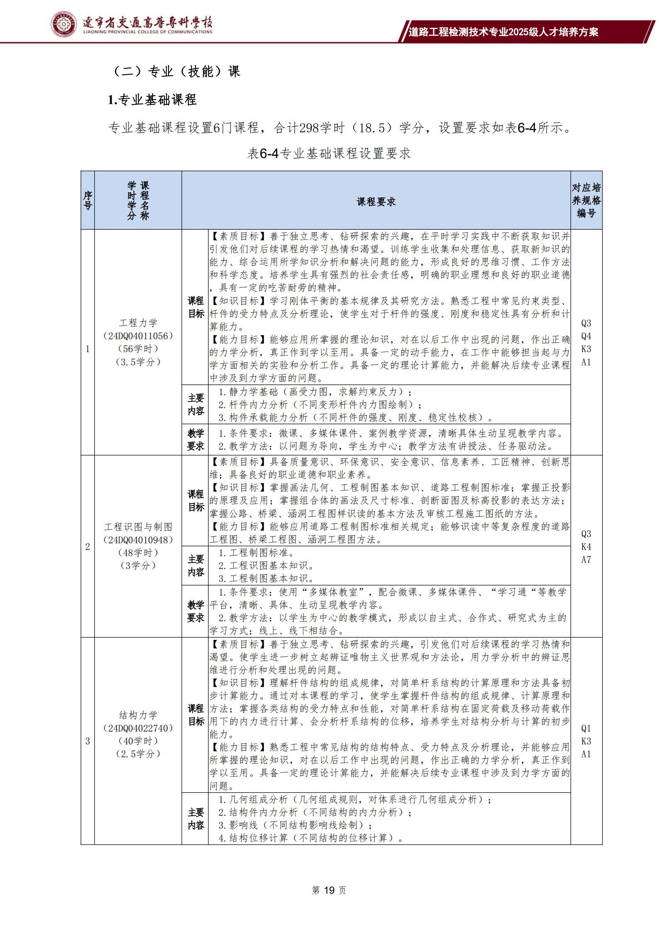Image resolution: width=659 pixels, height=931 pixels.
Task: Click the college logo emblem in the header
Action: click(x=64, y=24)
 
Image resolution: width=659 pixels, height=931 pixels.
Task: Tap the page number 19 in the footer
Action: click(x=328, y=890)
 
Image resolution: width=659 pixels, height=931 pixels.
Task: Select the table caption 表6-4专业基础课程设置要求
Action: click(x=329, y=153)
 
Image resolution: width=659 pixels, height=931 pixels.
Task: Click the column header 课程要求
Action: click(x=376, y=202)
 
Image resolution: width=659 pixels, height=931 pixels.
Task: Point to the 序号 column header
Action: click(x=88, y=200)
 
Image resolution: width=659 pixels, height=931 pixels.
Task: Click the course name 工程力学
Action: click(x=138, y=323)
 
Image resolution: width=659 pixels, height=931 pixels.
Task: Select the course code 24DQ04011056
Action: click(x=138, y=335)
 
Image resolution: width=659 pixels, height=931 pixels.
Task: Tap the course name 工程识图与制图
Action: click(x=138, y=527)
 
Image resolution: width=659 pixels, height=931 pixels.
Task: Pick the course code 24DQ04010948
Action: click(x=138, y=540)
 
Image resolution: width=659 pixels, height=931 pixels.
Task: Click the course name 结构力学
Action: click(x=138, y=715)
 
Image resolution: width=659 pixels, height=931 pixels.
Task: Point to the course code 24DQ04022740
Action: click(x=138, y=728)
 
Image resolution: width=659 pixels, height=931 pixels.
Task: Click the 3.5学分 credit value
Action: click(x=138, y=362)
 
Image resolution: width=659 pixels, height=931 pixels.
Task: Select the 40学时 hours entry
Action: click(x=138, y=741)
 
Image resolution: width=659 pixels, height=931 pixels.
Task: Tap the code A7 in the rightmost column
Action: click(x=586, y=559)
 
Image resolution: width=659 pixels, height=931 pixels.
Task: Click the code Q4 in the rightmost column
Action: click(x=586, y=336)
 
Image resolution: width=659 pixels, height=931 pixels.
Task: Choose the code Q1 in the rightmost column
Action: click(x=586, y=728)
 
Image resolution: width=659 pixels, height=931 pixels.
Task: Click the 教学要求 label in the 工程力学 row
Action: click(x=195, y=440)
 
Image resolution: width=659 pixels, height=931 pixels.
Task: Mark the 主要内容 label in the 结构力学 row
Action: click(x=195, y=819)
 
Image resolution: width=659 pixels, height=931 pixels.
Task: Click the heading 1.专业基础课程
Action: click(x=152, y=100)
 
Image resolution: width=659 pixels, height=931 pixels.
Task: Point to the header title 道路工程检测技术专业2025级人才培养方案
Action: click(x=503, y=32)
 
